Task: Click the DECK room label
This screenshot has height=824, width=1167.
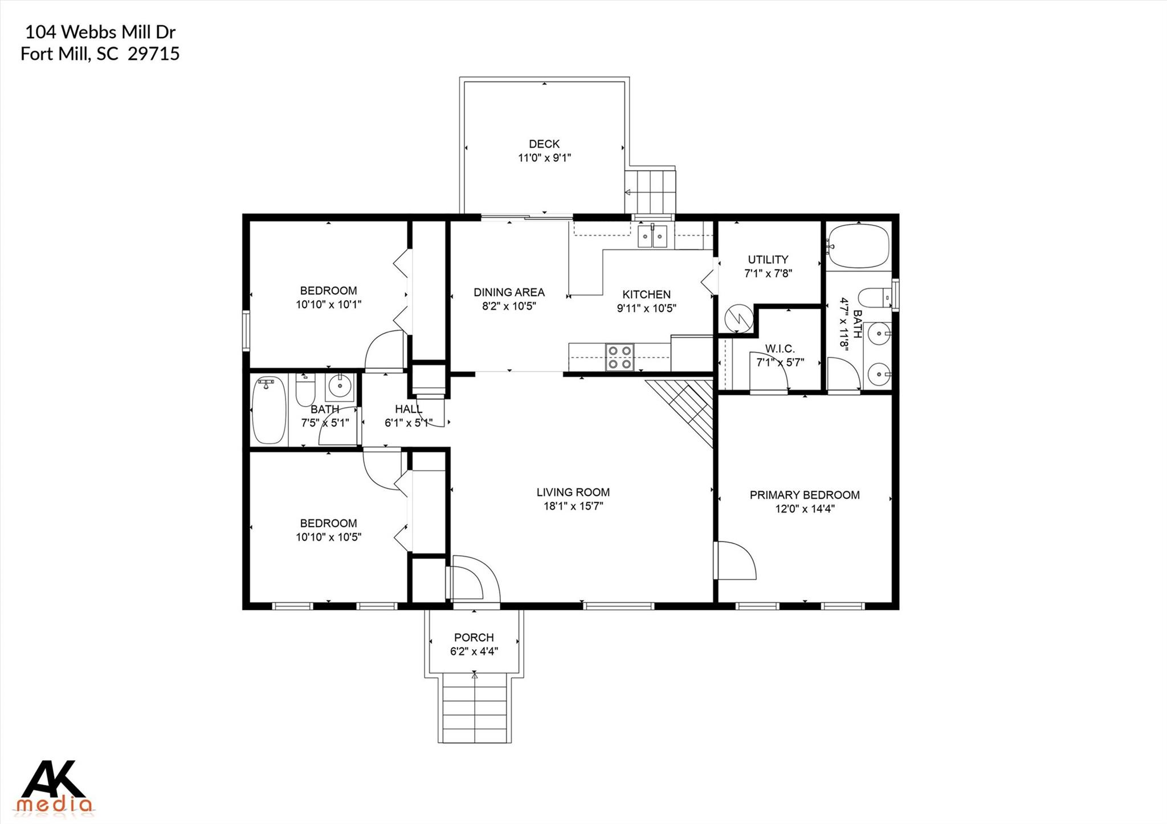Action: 544,144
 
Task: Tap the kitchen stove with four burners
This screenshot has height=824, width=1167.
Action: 619,357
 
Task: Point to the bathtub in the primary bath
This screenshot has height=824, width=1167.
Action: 858,247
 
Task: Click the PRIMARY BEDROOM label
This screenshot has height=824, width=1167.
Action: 804,495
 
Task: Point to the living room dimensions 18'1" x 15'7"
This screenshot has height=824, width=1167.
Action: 573,506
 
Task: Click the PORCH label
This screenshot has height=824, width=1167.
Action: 474,637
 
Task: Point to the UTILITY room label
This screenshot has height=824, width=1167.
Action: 768,260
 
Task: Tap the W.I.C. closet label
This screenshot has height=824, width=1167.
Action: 780,349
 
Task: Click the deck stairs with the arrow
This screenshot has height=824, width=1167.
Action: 651,191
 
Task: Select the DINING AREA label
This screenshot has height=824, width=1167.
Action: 509,292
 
